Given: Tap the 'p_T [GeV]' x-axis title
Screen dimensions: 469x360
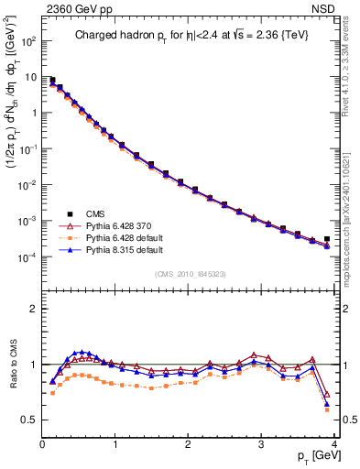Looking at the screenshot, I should click(x=308, y=455).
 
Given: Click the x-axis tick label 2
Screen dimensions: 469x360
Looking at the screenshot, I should click(x=188, y=444).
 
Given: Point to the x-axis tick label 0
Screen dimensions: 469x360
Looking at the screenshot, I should click(x=42, y=444).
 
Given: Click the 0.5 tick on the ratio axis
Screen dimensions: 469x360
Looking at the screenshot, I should click(x=28, y=420).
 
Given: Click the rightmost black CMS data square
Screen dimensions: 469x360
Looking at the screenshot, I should click(x=327, y=239).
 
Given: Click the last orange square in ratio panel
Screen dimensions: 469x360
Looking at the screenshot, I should click(x=327, y=407).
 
